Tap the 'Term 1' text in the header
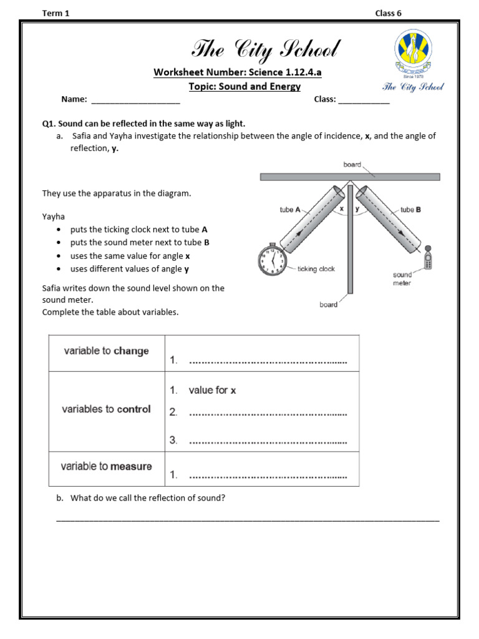56,14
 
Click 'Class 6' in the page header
388,14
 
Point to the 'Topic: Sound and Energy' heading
244,87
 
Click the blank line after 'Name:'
135,100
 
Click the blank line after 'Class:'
364,100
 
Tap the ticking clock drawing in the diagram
272,259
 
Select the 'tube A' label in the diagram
290,210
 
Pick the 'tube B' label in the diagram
410,210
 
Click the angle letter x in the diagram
341,209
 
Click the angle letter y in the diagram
357,209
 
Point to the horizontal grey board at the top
349,177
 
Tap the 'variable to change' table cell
106,351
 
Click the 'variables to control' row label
106,409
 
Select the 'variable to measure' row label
106,466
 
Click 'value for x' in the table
212,390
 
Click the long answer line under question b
248,519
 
